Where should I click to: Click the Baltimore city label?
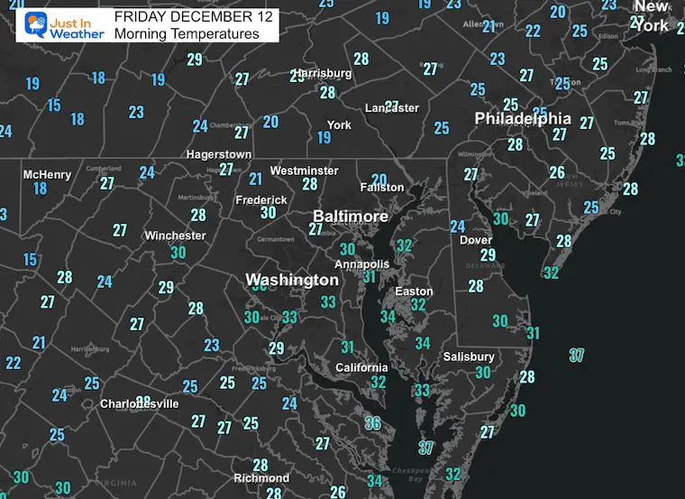pos(351,217)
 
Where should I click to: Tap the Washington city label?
pos(292,281)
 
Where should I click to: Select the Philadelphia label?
pos(523,118)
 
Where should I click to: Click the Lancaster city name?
pos(391,108)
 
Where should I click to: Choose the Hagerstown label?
pos(219,154)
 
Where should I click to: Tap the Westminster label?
pos(305,171)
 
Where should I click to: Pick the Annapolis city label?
pos(361,264)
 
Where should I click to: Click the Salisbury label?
pos(469,356)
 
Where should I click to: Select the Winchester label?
pos(175,236)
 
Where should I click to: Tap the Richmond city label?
pos(261,478)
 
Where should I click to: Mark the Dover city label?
pos(476,240)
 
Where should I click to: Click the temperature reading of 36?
pos(373,422)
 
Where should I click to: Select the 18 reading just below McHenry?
pos(40,189)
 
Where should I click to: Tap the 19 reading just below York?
pos(324,138)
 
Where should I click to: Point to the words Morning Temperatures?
pos(187,34)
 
